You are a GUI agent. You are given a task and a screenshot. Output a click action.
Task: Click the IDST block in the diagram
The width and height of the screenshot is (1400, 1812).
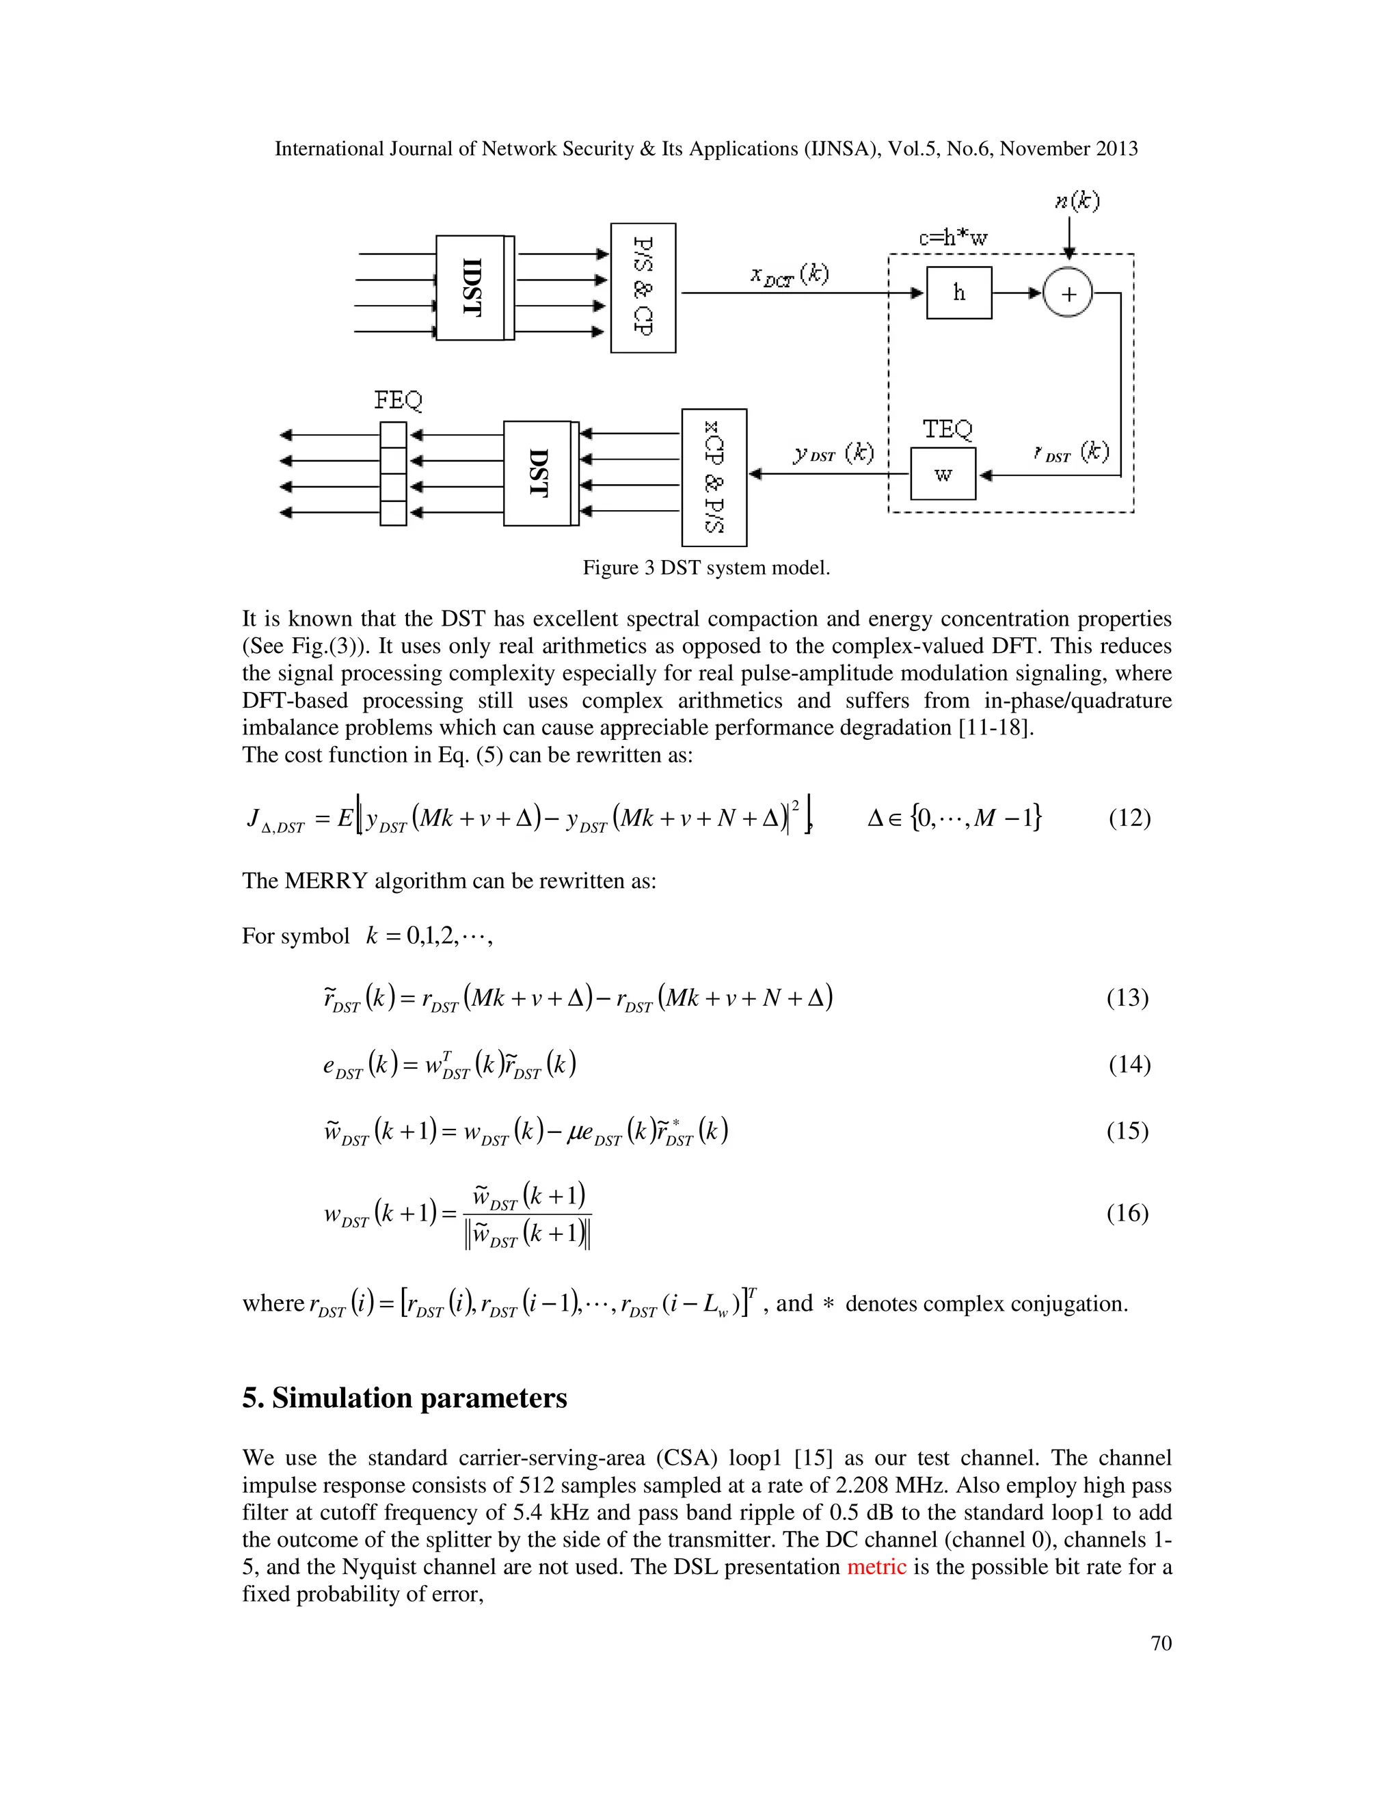pyautogui.click(x=471, y=287)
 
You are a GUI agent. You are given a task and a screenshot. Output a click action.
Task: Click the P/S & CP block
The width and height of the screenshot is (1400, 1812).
pyautogui.click(x=643, y=287)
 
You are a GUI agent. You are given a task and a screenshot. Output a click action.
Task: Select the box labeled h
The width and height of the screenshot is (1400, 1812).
pyautogui.click(x=959, y=293)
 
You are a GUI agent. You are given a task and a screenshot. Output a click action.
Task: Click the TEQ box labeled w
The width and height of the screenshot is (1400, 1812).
pyautogui.click(x=943, y=474)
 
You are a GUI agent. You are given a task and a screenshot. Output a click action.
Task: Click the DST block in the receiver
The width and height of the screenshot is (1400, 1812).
pyautogui.click(x=538, y=473)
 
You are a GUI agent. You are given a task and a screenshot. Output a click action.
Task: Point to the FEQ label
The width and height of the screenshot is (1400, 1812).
pyautogui.click(x=398, y=400)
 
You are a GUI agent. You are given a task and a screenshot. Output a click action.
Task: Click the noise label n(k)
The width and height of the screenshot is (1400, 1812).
pyautogui.click(x=1077, y=201)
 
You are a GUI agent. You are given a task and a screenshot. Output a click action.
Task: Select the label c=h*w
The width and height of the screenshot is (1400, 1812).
pyautogui.click(x=953, y=238)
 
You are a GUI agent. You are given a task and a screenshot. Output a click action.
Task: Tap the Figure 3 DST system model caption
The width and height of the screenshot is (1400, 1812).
pyautogui.click(x=705, y=568)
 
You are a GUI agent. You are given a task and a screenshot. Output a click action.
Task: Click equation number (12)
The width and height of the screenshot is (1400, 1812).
pyautogui.click(x=1129, y=818)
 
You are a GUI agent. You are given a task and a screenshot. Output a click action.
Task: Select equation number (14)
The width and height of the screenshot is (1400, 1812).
pyautogui.click(x=1129, y=1064)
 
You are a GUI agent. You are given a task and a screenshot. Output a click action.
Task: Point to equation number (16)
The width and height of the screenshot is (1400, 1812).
pyautogui.click(x=1127, y=1213)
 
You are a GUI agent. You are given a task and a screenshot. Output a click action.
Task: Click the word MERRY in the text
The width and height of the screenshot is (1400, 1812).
pyautogui.click(x=326, y=880)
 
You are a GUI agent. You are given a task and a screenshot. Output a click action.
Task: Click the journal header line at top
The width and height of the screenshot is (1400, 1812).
pyautogui.click(x=705, y=148)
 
